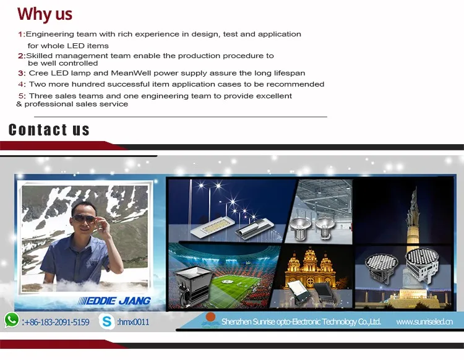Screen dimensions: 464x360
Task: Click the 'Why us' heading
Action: tap(45, 14)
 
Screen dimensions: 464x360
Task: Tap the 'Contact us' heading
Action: tap(49, 130)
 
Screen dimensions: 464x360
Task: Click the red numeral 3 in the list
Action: tap(21, 73)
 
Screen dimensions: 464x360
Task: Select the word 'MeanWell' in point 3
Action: tap(131, 73)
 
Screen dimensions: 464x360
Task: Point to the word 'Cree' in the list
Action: tap(38, 73)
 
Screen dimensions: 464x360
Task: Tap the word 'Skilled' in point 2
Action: tap(40, 56)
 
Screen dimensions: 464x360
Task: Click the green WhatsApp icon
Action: tap(12, 320)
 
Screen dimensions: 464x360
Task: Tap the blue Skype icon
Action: tap(106, 321)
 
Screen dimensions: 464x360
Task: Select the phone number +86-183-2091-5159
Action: tap(56, 322)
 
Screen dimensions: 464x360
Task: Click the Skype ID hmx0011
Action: tap(133, 322)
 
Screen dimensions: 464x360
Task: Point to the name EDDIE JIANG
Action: tap(114, 301)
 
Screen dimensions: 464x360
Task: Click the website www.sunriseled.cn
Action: tap(424, 322)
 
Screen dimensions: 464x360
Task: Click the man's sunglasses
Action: tap(84, 219)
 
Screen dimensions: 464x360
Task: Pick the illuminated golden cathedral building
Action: tap(311, 268)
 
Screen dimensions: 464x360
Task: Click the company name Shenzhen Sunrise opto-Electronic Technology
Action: tap(301, 322)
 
